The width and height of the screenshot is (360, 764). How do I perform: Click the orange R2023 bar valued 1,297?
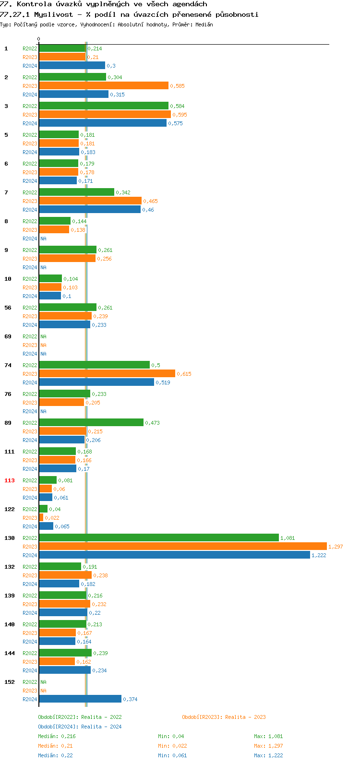[x=182, y=546]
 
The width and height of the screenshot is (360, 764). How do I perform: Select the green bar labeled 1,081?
[x=158, y=537]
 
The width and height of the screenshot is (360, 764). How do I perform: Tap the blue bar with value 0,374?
[x=80, y=699]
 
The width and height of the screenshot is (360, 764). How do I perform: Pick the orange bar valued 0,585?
[x=104, y=85]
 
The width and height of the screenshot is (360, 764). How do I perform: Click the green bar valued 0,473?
[x=91, y=422]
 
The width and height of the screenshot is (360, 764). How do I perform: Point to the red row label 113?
[x=10, y=480]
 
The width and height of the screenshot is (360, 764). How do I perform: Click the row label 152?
[x=10, y=682]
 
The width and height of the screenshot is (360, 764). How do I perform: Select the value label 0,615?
[x=184, y=374]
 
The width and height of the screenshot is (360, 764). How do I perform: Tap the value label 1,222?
[x=319, y=555]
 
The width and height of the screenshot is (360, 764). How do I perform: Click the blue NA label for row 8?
[x=43, y=239]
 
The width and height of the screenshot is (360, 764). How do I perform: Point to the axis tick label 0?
[x=39, y=39]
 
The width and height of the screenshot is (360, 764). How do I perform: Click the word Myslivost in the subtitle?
[x=53, y=14]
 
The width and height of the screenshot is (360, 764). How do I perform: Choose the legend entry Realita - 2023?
[x=245, y=717]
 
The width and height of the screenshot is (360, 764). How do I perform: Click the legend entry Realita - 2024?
[x=101, y=727]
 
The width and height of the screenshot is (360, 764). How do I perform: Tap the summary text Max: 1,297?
[x=268, y=746]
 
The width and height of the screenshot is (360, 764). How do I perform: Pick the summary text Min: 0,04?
[x=171, y=736]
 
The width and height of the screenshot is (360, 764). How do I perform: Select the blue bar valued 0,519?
[x=96, y=382]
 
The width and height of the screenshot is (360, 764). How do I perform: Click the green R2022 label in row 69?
[x=30, y=336]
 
